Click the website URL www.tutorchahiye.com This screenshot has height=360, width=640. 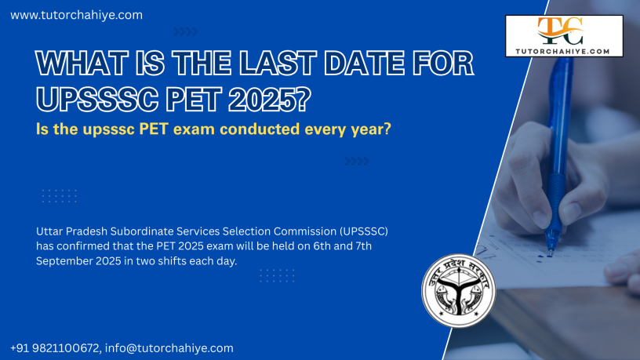[76, 15]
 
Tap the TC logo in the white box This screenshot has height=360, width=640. [561, 31]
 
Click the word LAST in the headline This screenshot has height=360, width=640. [278, 64]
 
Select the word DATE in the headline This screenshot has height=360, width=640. [365, 64]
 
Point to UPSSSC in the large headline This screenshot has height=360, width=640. [97, 99]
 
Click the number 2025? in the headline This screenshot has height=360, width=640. [269, 99]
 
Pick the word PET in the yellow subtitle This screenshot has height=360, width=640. [154, 129]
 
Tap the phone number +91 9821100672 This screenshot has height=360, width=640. [55, 348]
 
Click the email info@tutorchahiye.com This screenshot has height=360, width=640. [169, 348]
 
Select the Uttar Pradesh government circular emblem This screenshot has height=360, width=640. [458, 291]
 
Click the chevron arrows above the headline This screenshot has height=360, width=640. [186, 31]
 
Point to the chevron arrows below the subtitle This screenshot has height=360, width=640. [357, 162]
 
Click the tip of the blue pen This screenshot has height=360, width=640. [551, 254]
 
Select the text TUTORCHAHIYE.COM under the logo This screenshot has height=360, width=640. [562, 52]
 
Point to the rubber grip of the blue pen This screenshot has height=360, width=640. [555, 201]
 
